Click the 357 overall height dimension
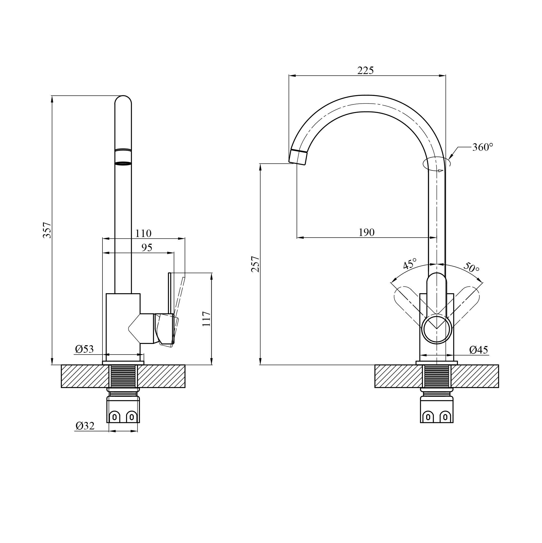pos(47,230)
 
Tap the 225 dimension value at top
pos(365,71)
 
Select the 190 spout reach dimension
pos(367,232)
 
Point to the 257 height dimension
pos(255,264)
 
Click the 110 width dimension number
pos(143,233)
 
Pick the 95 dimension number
pos(147,248)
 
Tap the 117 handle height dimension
pos(206,319)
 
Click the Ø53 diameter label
pos(85,349)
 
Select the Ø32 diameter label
pos(85,426)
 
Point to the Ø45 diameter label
pos(479,350)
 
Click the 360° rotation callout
pos(483,147)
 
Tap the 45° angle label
pos(410,264)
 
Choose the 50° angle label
pos(471,267)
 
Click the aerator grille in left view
pos(123,163)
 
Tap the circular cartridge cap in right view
pos(437,329)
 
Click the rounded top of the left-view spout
pos(123,100)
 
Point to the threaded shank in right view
pos(437,377)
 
